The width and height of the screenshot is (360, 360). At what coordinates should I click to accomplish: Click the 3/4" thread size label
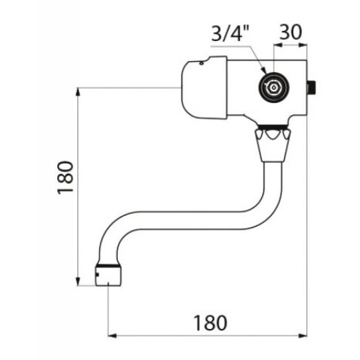click(x=230, y=33)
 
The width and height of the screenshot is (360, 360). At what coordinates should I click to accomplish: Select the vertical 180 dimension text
click(x=66, y=178)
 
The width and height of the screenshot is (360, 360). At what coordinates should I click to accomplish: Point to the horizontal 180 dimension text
click(x=210, y=323)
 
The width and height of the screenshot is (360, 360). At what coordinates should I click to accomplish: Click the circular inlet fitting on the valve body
click(x=273, y=87)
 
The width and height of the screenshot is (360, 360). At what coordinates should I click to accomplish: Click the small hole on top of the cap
click(x=201, y=63)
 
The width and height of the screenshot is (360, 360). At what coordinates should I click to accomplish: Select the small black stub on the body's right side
click(x=312, y=88)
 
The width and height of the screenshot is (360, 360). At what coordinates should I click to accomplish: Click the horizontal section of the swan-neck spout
click(x=189, y=220)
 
